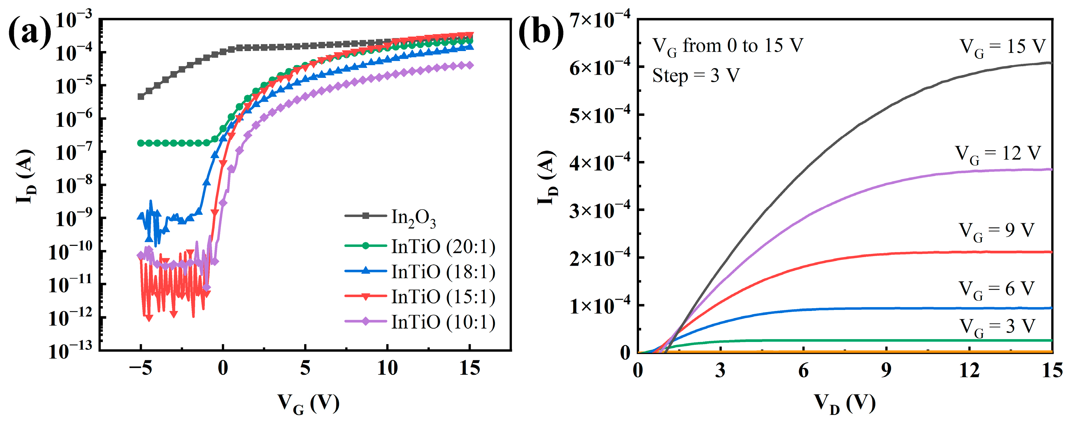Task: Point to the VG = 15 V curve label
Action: click(1002, 47)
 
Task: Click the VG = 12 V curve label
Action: click(998, 154)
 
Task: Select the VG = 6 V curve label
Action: click(996, 290)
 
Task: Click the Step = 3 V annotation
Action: click(696, 76)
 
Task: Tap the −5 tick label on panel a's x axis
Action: click(140, 368)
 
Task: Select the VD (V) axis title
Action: click(844, 403)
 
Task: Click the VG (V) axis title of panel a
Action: click(308, 403)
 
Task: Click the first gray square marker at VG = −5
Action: click(141, 97)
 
